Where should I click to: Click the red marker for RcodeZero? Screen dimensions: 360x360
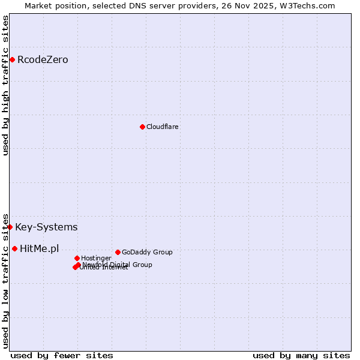[12, 59]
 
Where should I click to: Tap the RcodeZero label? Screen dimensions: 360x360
[43, 60]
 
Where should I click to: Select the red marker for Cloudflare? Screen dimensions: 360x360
[142, 127]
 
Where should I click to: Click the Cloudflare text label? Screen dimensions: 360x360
[162, 127]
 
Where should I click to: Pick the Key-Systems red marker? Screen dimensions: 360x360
[10, 227]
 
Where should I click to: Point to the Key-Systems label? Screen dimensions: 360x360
[46, 227]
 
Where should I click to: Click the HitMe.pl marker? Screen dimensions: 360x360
[14, 248]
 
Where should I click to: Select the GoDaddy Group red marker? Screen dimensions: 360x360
[118, 252]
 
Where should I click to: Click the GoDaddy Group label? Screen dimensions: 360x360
[147, 253]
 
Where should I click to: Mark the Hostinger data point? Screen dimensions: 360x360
[77, 258]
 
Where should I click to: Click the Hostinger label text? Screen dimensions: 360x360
[96, 259]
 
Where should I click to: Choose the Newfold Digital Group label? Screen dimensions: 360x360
[118, 265]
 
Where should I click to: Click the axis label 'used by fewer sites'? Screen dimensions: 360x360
[62, 355]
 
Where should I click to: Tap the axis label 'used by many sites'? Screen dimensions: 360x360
[301, 355]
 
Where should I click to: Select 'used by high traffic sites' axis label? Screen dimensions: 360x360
[5, 85]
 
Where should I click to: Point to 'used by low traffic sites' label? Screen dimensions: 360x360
[5, 280]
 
